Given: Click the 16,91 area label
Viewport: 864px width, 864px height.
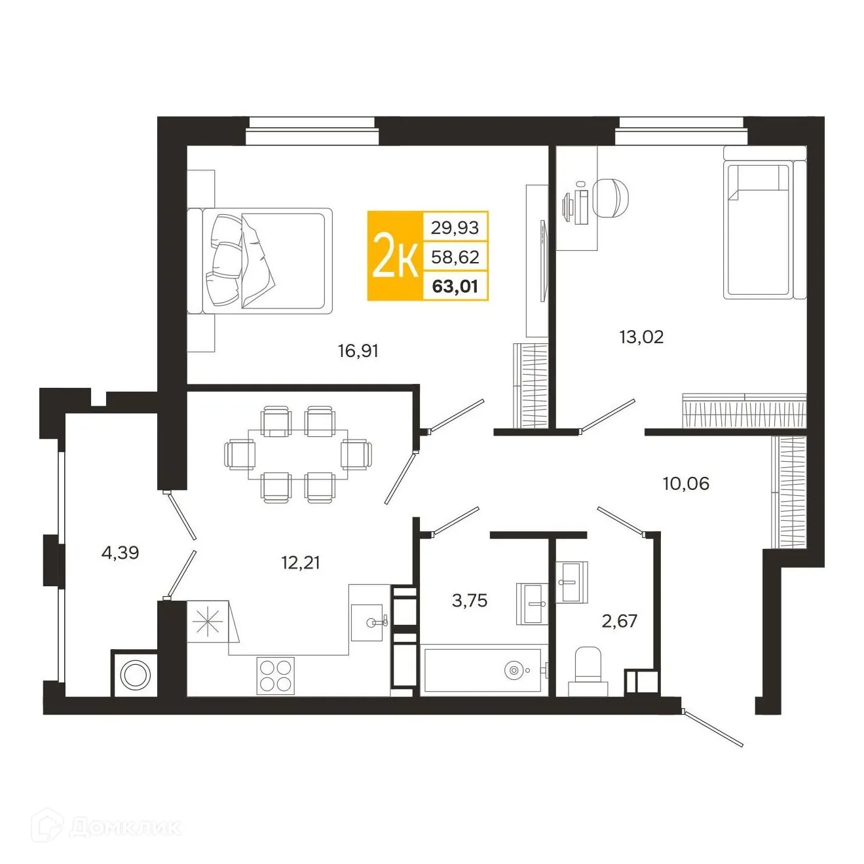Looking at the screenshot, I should tap(358, 351).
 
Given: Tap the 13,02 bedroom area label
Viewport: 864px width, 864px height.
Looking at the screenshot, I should tap(641, 337).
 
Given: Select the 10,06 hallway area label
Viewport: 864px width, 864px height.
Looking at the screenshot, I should tap(686, 483).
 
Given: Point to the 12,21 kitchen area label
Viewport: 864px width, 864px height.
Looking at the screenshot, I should tap(301, 562).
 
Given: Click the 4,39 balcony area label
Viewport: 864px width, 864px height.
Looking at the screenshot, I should tap(120, 553).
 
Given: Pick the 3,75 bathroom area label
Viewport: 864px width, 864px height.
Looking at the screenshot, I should tap(470, 600).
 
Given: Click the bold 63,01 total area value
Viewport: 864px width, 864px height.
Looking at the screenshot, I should tap(455, 286).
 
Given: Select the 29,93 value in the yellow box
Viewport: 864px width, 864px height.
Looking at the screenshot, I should tap(455, 227).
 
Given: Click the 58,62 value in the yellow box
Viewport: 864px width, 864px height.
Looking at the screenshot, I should tap(455, 257).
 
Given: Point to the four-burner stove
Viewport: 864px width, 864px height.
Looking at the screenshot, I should tap(275, 675).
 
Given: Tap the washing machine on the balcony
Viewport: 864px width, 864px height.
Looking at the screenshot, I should tap(136, 674).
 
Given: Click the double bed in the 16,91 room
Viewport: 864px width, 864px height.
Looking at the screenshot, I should tap(265, 259).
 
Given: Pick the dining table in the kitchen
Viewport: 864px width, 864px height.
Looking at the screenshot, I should tap(297, 454).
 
